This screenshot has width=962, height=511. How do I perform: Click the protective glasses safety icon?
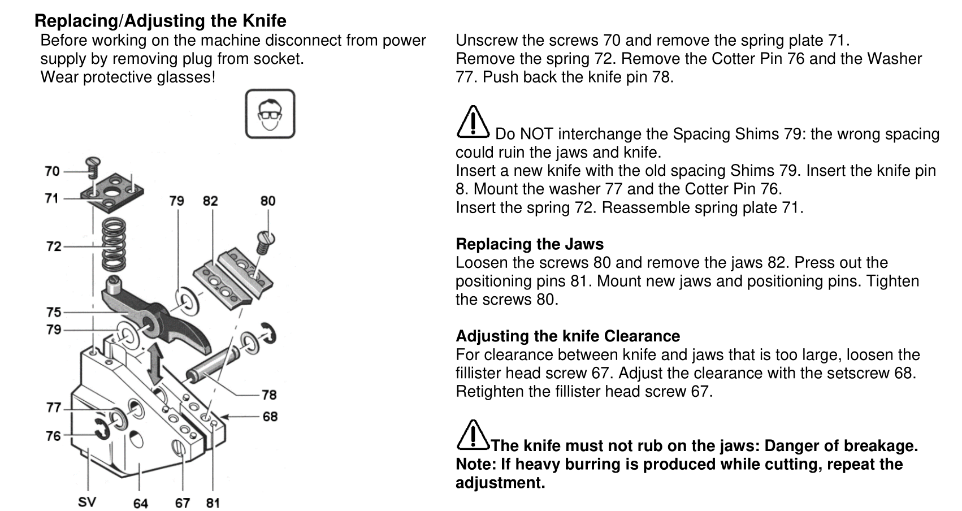point(270,114)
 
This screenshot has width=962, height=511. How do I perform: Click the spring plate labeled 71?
point(112,193)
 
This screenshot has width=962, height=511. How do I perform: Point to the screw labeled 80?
point(266,242)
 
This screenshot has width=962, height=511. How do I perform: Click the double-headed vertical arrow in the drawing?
point(155,363)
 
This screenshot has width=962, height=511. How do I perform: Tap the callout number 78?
point(269,395)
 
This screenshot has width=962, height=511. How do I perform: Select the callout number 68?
point(270,417)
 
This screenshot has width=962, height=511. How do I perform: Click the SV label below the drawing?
point(86,501)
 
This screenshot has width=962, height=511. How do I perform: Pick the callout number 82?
point(210,201)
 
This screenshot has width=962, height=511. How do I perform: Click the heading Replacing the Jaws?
point(530,244)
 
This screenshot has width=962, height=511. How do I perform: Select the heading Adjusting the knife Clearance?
point(567,336)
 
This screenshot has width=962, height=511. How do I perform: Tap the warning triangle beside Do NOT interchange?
point(473,122)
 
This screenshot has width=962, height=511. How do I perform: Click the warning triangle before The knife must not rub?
point(473,435)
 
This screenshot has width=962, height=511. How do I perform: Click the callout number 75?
point(54,312)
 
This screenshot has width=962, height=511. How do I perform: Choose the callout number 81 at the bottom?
point(213,503)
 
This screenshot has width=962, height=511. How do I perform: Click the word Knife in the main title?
point(265,20)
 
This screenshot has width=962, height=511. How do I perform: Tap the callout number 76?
point(53,436)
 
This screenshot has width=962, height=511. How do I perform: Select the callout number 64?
point(140,503)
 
